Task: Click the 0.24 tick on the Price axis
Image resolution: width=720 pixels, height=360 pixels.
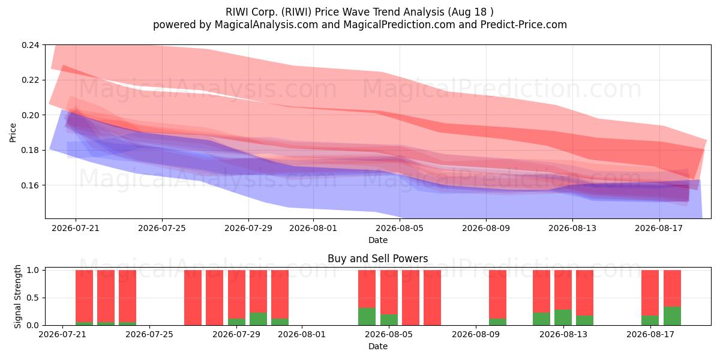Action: (x=30, y=45)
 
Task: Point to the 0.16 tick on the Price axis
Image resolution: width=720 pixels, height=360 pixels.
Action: (x=30, y=185)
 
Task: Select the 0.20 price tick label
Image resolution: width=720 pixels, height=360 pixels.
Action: (x=30, y=115)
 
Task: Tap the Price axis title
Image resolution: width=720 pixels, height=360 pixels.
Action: (x=13, y=133)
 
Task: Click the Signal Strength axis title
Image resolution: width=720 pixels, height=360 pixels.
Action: (x=17, y=296)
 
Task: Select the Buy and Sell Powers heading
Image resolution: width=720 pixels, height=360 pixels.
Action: (x=377, y=259)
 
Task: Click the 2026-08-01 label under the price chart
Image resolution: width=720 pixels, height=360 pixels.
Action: (x=313, y=228)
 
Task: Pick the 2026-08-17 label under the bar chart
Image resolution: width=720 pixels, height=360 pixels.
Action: (x=650, y=334)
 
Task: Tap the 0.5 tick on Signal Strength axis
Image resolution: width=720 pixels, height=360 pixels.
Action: (x=32, y=298)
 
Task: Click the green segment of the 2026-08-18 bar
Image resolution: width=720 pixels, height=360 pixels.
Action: (x=672, y=316)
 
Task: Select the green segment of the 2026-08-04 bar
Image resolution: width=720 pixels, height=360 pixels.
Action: (x=367, y=317)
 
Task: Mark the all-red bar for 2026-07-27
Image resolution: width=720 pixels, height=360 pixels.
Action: (x=193, y=298)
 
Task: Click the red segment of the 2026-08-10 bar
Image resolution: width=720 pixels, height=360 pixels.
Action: (x=497, y=295)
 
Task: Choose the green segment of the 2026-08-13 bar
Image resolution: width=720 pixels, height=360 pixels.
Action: (x=563, y=317)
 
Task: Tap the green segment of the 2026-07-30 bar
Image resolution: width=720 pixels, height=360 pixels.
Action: (x=258, y=319)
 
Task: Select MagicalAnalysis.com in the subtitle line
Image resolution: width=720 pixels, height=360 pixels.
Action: (x=266, y=25)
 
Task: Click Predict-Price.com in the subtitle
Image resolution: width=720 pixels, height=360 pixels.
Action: (x=524, y=25)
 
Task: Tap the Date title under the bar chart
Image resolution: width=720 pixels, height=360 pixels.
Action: (x=377, y=346)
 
